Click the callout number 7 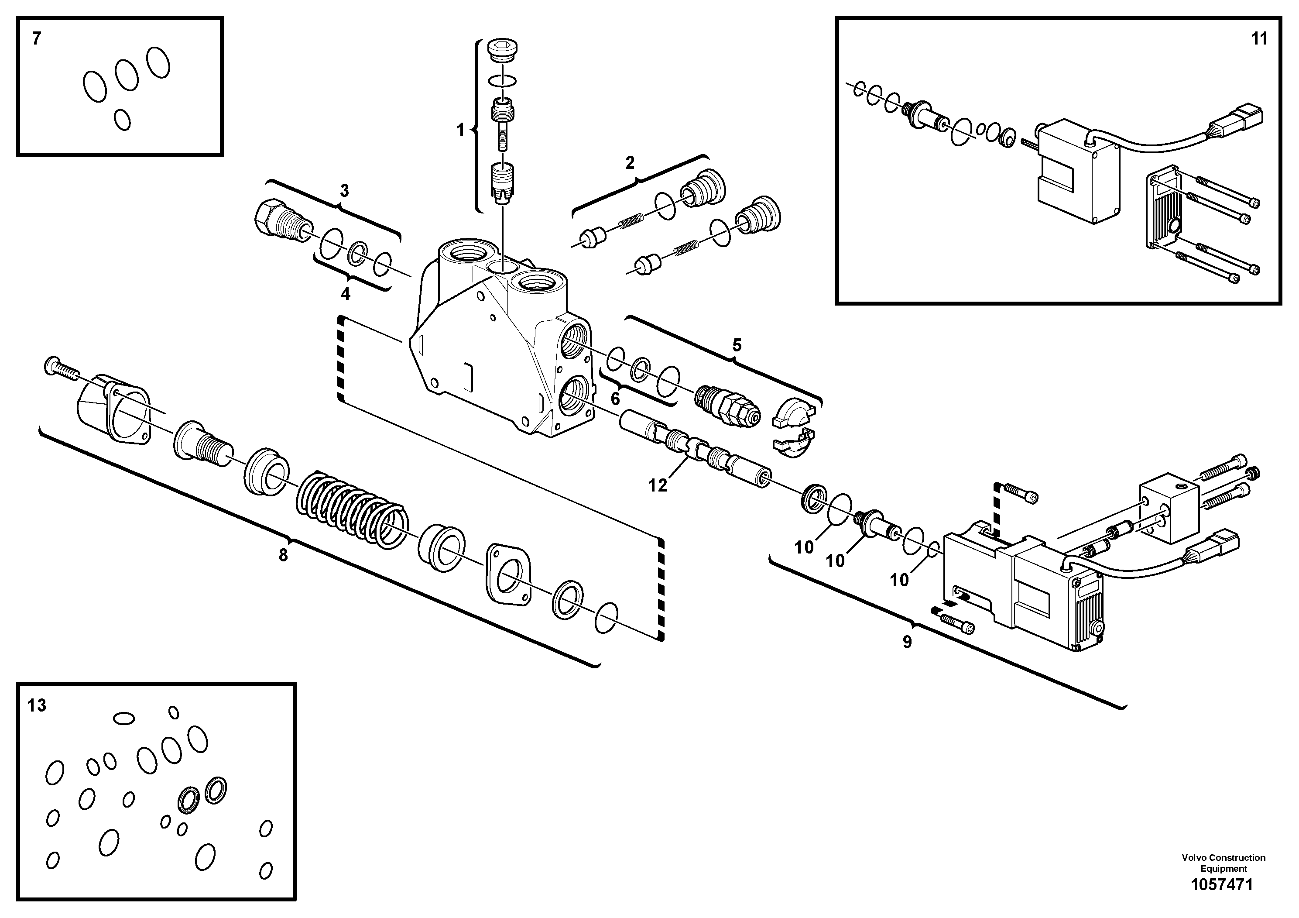(x=37, y=39)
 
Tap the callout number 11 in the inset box (x=1259, y=39)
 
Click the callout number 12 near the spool (x=658, y=485)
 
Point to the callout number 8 (x=284, y=555)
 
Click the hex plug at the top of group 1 (x=501, y=49)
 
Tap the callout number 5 (x=737, y=345)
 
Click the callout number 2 (x=630, y=163)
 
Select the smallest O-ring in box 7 (x=122, y=120)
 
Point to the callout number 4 (x=345, y=294)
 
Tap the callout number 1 (x=460, y=130)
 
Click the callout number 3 (x=344, y=191)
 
